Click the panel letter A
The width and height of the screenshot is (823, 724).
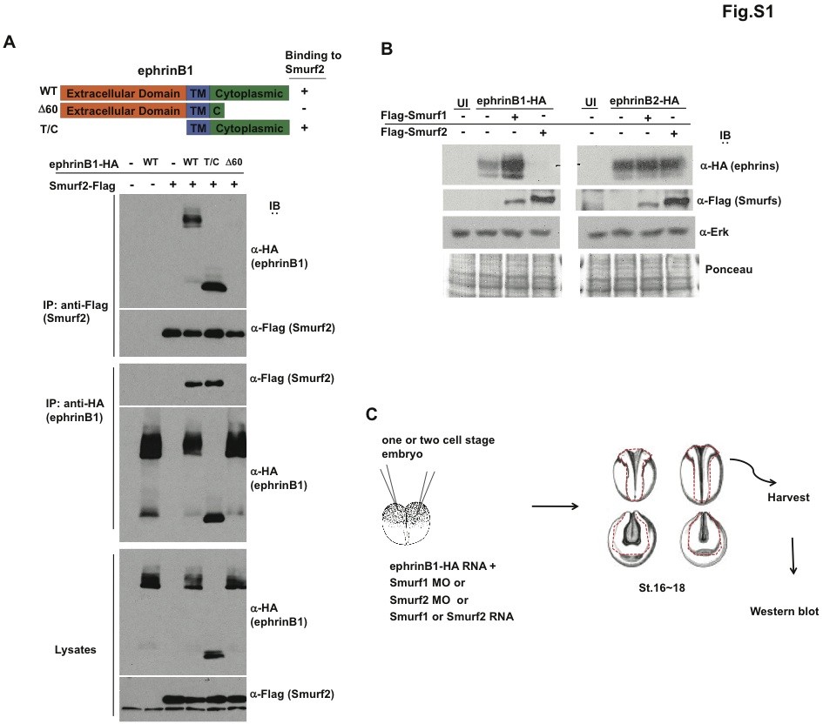coord(10,43)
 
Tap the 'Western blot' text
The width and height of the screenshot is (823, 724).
coord(784,612)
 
